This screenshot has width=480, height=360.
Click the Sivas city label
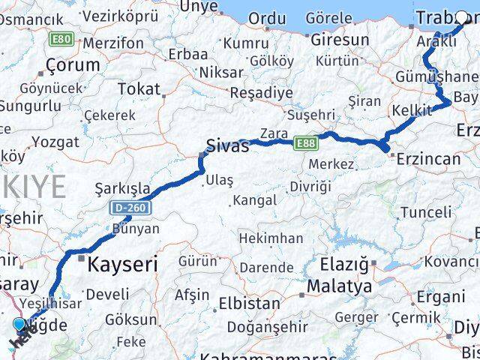228,146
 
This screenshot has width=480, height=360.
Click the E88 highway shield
305,142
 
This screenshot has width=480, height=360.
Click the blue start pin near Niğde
19,325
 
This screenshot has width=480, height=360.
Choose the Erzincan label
428,159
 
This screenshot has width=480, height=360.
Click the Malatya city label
340,286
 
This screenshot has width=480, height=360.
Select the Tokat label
139,89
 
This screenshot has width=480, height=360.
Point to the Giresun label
340,40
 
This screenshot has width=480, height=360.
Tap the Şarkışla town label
123,188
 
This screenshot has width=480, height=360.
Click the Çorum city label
73,64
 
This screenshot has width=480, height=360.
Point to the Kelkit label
412,111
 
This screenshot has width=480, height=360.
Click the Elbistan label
249,304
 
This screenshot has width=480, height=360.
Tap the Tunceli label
427,212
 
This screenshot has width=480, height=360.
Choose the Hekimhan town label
271,238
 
